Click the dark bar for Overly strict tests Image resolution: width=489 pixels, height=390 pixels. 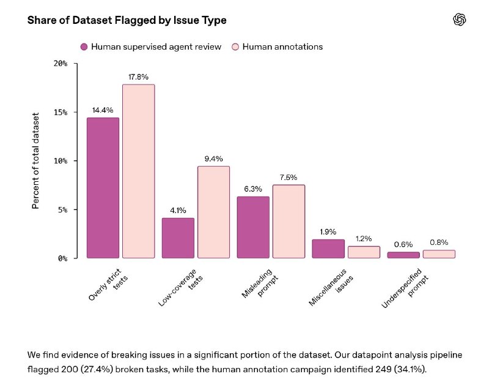pos(103,188)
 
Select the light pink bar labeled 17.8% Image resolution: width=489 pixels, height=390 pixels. pos(139,171)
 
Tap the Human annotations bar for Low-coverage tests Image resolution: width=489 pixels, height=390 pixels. pos(213,212)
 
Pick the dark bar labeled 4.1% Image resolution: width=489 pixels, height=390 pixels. pos(178,238)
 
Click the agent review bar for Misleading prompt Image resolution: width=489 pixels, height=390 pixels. pos(253,227)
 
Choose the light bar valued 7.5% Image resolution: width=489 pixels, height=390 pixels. pos(289,222)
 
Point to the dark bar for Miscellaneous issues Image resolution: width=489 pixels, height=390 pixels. pos(328,249)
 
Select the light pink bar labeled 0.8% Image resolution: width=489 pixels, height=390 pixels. pos(439,254)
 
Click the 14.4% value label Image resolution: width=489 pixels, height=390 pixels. pos(103,110)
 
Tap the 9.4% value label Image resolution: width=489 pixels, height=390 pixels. pos(213,159)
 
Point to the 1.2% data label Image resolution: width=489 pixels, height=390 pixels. pos(364,239)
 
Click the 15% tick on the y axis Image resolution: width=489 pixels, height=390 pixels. pos(61,113)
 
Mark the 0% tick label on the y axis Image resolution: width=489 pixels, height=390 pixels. pos(63,258)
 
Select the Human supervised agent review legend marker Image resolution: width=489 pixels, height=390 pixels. pos(84,47)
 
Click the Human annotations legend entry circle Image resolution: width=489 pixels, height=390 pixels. pos(235,47)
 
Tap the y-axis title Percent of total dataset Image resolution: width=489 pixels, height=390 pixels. pos(35,161)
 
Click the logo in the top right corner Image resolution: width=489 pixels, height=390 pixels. pos(460,20)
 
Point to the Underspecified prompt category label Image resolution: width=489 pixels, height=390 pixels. pos(405,288)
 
